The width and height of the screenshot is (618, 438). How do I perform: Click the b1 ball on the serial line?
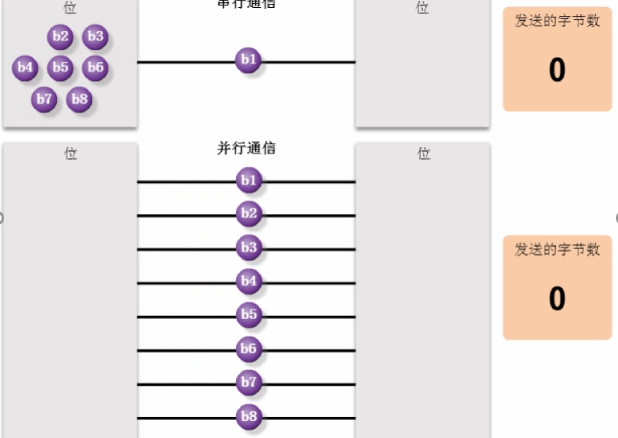pos(248,61)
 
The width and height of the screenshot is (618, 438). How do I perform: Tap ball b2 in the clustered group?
pos(60,38)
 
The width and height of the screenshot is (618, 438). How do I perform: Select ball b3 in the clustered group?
pos(95,38)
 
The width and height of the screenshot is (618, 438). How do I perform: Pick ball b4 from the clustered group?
pos(26,68)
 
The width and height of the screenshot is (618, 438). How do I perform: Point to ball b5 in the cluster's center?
pos(61,68)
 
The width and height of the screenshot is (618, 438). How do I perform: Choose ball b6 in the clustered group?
pos(95,68)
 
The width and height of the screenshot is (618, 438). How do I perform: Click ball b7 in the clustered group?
pos(44,99)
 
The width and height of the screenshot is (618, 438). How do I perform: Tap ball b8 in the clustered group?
pos(80,99)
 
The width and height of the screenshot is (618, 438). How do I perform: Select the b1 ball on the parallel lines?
pos(248,181)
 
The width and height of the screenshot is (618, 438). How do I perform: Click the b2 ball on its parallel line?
pos(248,214)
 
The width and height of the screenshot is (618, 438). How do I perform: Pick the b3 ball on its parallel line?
pos(248,248)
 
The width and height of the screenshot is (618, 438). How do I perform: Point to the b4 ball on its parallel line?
pos(248,282)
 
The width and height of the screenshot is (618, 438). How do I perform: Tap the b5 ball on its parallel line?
pos(248,316)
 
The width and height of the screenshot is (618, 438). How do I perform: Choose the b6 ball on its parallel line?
pos(248,350)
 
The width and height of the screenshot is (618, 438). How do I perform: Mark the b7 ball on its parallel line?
pos(248,383)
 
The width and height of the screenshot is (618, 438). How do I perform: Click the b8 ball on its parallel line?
pos(248,417)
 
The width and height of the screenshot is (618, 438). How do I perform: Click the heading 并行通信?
pos(246,148)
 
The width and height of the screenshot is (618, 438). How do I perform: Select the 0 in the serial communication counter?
pos(557,70)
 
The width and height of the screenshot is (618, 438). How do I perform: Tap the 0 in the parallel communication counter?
pos(557,298)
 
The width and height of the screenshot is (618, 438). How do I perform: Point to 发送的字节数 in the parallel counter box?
pos(557,250)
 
